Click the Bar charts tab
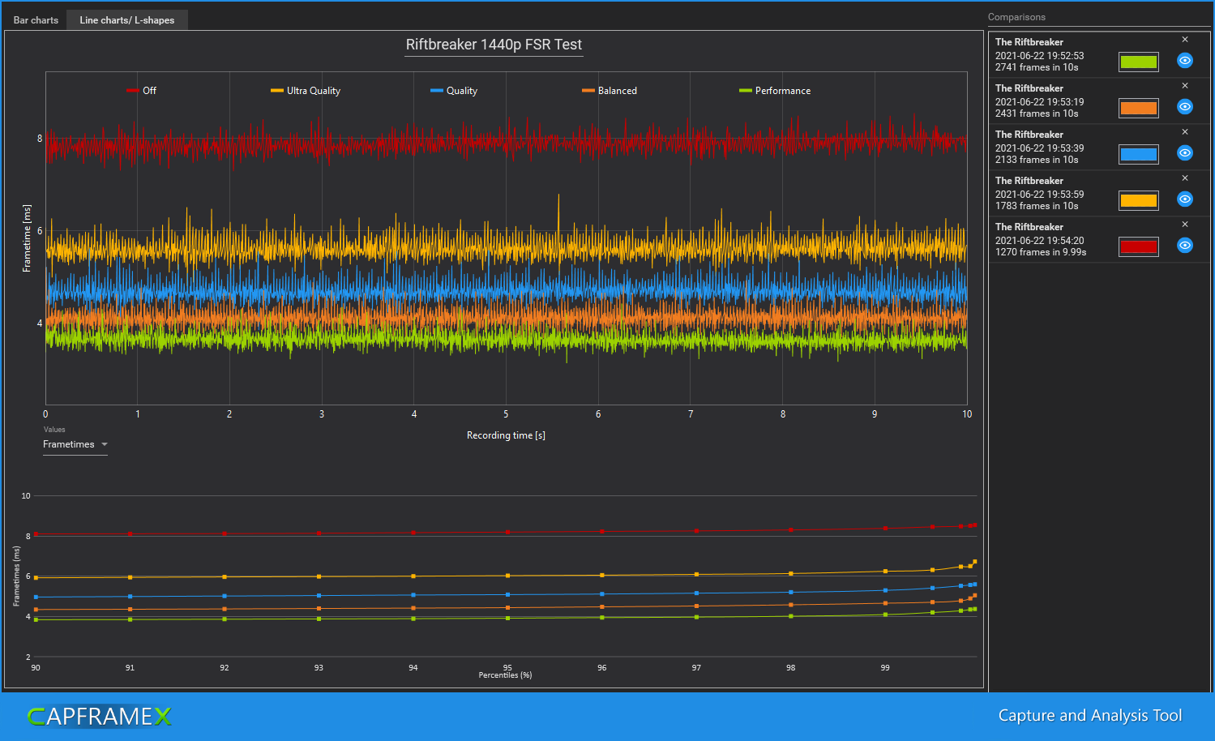[x=36, y=20]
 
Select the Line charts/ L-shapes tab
[x=126, y=20]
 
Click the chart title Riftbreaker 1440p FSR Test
[x=494, y=45]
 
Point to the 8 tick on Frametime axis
[x=40, y=139]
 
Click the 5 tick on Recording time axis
[x=506, y=414]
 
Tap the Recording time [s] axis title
[x=506, y=435]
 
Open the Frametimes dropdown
[x=75, y=444]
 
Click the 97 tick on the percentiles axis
[x=696, y=668]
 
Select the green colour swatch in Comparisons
[x=1138, y=62]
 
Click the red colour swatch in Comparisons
[x=1138, y=246]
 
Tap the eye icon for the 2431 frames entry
[x=1184, y=107]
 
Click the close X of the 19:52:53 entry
[x=1184, y=40]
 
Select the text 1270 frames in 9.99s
[x=1041, y=252]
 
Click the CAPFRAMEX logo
[x=100, y=717]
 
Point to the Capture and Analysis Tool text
[x=1089, y=715]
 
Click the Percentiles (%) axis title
[x=505, y=675]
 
